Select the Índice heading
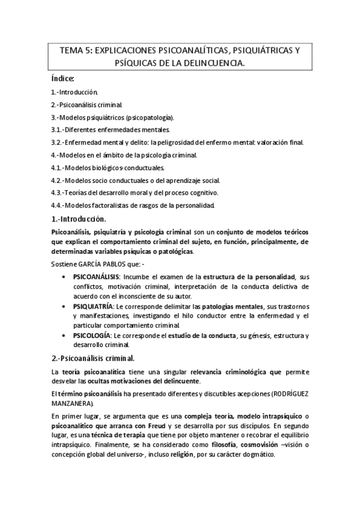click(63, 79)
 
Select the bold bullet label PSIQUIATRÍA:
click(93, 306)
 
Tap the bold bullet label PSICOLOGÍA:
click(92, 336)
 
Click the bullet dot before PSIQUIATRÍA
click(64, 306)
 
